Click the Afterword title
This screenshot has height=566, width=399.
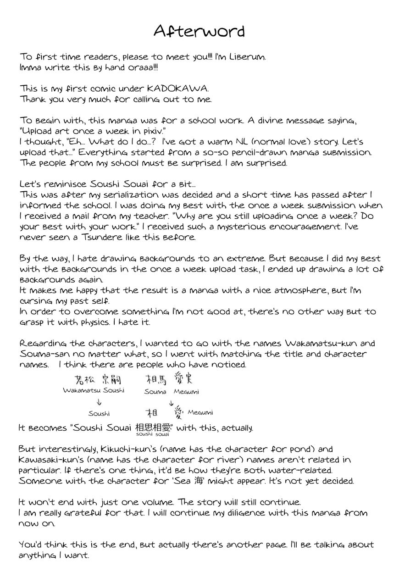point(199,31)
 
